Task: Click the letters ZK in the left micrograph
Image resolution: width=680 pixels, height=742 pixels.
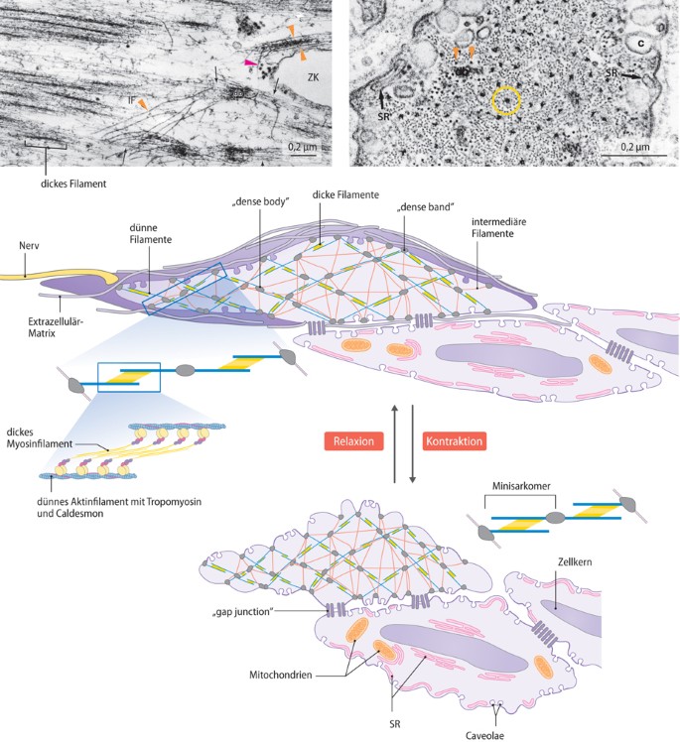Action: point(313,76)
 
